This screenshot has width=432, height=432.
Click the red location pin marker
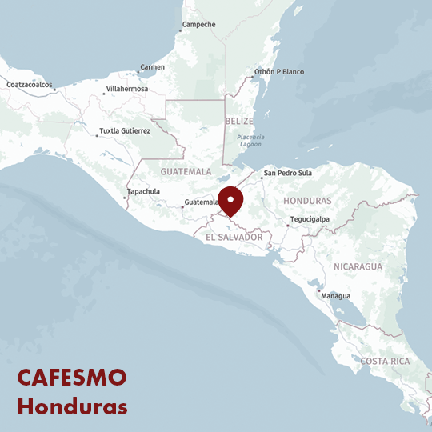(x=230, y=200)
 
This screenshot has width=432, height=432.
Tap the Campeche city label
(x=198, y=25)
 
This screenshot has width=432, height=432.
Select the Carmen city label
(x=152, y=67)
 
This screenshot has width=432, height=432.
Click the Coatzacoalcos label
(x=29, y=85)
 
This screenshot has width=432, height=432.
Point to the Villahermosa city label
(x=126, y=89)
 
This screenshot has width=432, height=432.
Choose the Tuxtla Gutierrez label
(x=124, y=130)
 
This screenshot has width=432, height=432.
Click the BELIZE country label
(x=239, y=121)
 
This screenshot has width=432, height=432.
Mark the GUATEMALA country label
(x=186, y=171)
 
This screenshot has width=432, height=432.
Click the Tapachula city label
(x=143, y=192)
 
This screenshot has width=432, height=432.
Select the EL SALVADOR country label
(x=234, y=238)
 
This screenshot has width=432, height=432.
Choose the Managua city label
(x=335, y=296)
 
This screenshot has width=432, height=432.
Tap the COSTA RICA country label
(x=385, y=362)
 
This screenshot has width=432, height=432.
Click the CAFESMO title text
(x=72, y=378)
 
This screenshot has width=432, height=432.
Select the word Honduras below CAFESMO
(x=72, y=406)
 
